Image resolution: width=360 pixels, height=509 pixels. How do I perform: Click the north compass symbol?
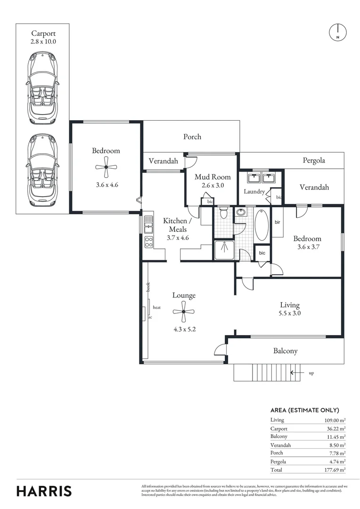tap(337, 32)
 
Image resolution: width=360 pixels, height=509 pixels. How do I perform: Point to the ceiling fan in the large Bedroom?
tap(106, 166)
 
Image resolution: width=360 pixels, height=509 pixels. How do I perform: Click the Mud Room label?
tap(213, 177)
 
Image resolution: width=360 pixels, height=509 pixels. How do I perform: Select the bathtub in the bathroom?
tap(262, 225)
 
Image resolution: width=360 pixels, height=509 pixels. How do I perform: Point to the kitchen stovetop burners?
tap(148, 242)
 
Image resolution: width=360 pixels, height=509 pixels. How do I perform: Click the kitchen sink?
tap(148, 224)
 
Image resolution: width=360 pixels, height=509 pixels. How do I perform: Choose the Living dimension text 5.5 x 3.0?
tap(290, 313)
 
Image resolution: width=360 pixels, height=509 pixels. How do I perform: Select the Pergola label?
tap(313, 160)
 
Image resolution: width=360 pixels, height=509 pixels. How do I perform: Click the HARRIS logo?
tap(44, 491)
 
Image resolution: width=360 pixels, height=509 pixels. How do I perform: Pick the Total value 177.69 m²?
tap(333, 470)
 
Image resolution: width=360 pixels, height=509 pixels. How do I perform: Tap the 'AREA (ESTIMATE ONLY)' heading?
tap(304, 410)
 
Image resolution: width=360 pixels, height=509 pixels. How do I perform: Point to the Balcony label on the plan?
tap(286, 351)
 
